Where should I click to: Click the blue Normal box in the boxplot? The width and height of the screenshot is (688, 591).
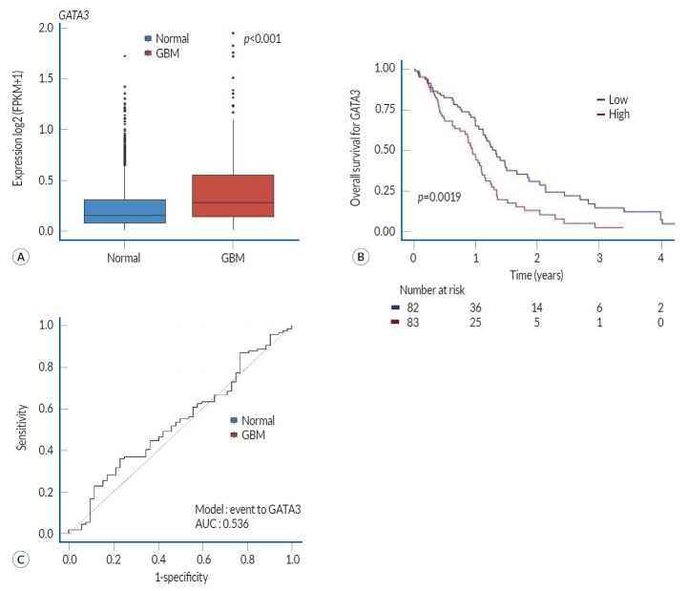click(125, 210)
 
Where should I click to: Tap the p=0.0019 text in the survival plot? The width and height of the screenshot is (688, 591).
click(440, 197)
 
